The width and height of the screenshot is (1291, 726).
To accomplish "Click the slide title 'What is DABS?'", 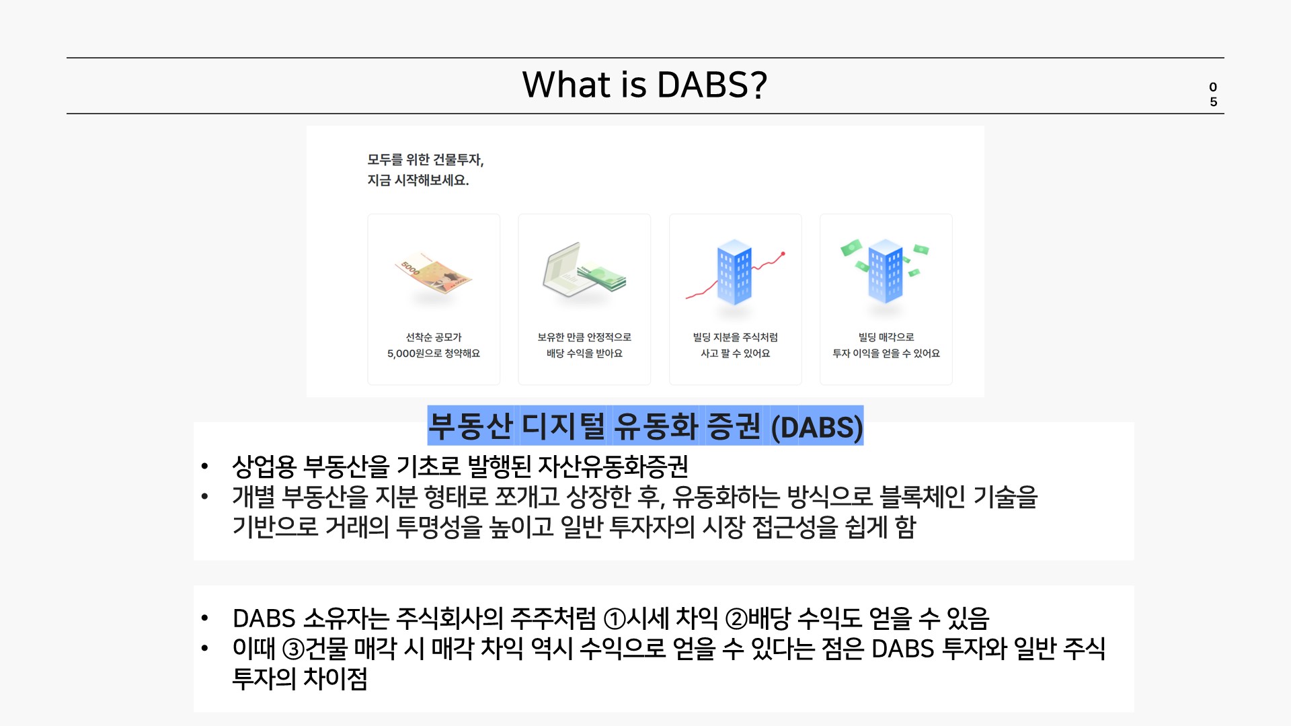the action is (x=644, y=85).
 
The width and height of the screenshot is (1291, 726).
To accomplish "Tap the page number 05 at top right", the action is (x=1213, y=94).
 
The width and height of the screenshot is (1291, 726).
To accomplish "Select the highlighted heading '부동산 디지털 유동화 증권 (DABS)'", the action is (x=645, y=426).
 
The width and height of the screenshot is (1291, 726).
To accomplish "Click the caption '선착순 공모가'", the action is (x=434, y=337).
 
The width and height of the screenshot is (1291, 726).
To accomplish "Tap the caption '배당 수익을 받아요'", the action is (x=584, y=353).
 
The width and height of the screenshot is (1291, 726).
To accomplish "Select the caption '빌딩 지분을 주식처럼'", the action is (x=735, y=337).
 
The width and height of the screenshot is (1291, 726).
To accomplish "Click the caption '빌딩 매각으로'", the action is (x=886, y=337).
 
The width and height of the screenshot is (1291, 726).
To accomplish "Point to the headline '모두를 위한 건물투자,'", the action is (x=426, y=159).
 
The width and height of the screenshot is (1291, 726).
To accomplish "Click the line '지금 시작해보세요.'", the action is (x=418, y=180).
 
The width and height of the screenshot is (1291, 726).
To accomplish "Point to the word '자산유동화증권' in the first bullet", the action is (x=613, y=466).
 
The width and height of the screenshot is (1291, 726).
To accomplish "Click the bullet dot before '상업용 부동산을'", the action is (x=204, y=466).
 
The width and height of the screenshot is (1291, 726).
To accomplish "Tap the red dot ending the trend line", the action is (x=783, y=254).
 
